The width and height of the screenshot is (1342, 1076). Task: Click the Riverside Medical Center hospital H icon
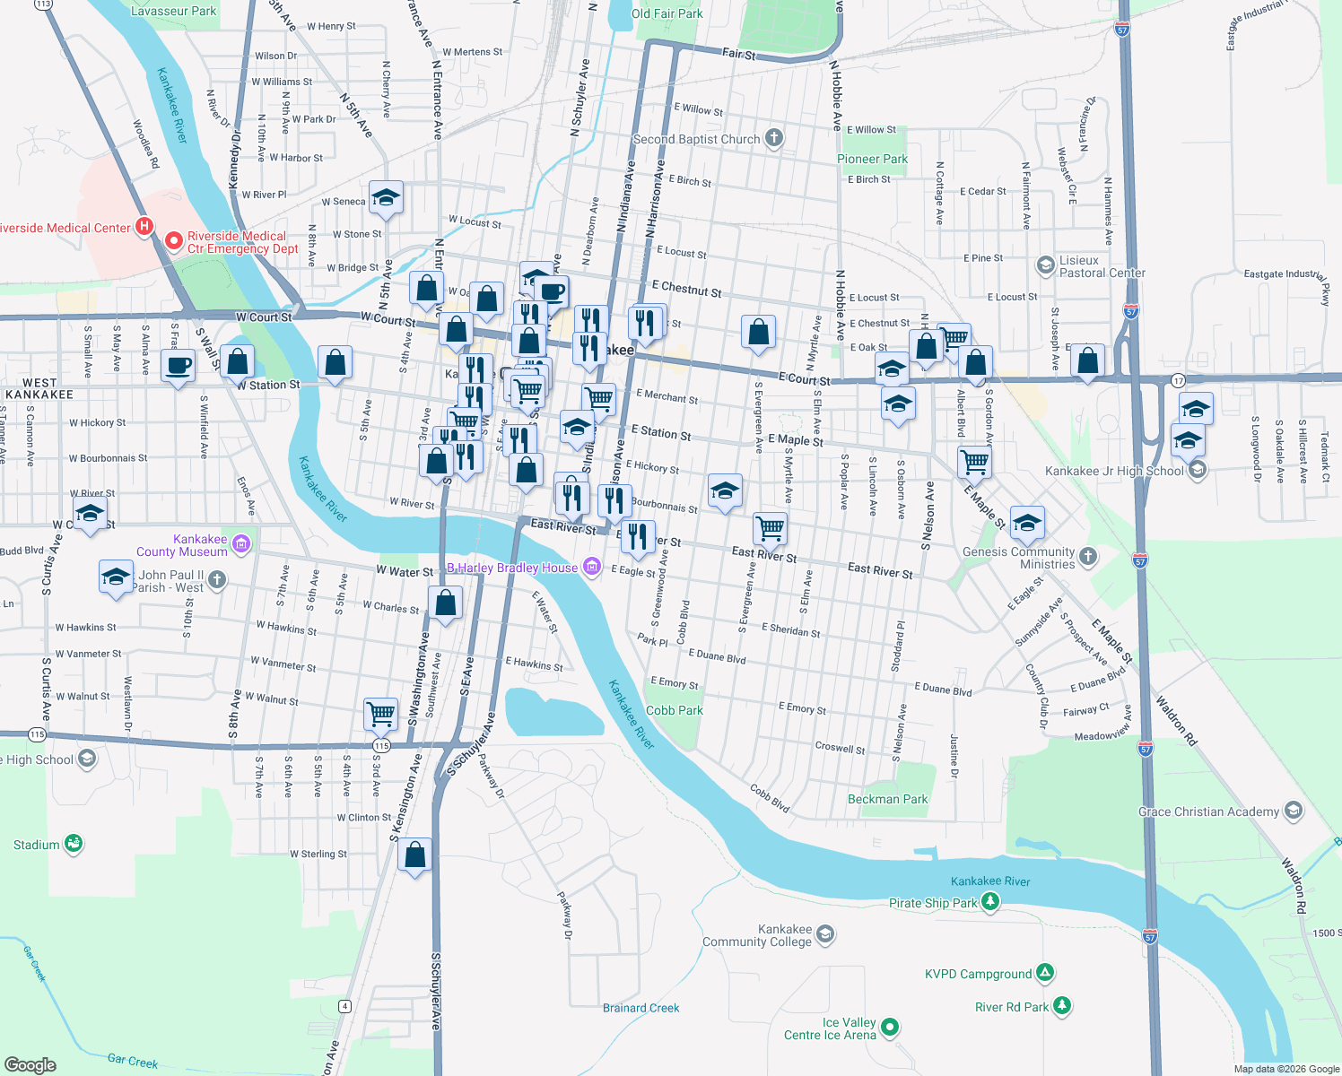pos(144,226)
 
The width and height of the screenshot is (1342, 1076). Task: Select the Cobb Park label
pos(674,710)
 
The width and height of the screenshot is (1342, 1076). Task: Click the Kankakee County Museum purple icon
pos(240,543)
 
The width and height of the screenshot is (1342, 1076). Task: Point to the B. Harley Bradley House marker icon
pos(591,566)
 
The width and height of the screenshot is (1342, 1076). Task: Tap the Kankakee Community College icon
pos(825,934)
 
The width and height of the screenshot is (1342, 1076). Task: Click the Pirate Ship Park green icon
pos(990,902)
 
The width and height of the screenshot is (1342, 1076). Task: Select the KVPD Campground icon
pos(1044,973)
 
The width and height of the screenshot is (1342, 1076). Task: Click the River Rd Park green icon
pos(1062,1006)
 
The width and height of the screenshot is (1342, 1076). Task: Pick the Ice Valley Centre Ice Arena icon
pos(890,1028)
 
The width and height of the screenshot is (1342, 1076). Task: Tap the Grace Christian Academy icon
pos(1293,811)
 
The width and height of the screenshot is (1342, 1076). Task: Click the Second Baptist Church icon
pos(774,138)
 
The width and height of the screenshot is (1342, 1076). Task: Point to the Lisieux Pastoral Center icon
pos(1045,265)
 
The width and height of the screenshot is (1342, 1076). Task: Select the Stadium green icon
pos(74,843)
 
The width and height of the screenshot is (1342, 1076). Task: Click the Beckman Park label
pos(887,799)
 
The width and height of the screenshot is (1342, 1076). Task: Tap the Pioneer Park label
pos(872,159)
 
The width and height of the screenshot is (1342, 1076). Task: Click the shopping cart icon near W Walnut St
pos(381,714)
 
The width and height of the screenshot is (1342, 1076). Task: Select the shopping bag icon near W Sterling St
pos(415,854)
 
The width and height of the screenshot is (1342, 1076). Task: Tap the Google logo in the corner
pos(30,1064)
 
